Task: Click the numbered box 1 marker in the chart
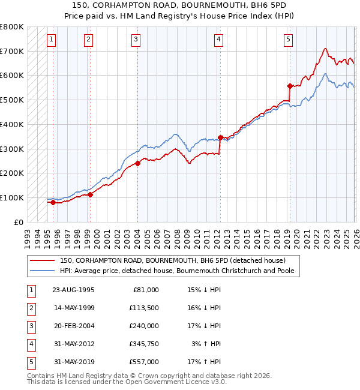pyautogui.click(x=52, y=40)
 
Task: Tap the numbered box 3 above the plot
pyautogui.click(x=136, y=40)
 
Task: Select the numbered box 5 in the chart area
pyautogui.click(x=289, y=40)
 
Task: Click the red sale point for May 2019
pyautogui.click(x=290, y=86)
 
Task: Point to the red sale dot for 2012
pyautogui.click(x=220, y=137)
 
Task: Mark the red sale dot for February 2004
pyautogui.click(x=137, y=163)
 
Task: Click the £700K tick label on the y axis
pyautogui.click(x=11, y=51)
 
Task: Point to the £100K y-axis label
pyautogui.click(x=11, y=197)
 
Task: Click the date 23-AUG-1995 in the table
pyautogui.click(x=73, y=290)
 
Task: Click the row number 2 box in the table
pyautogui.click(x=30, y=308)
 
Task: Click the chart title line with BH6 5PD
pyautogui.click(x=180, y=5)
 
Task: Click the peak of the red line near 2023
pyautogui.click(x=325, y=49)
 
